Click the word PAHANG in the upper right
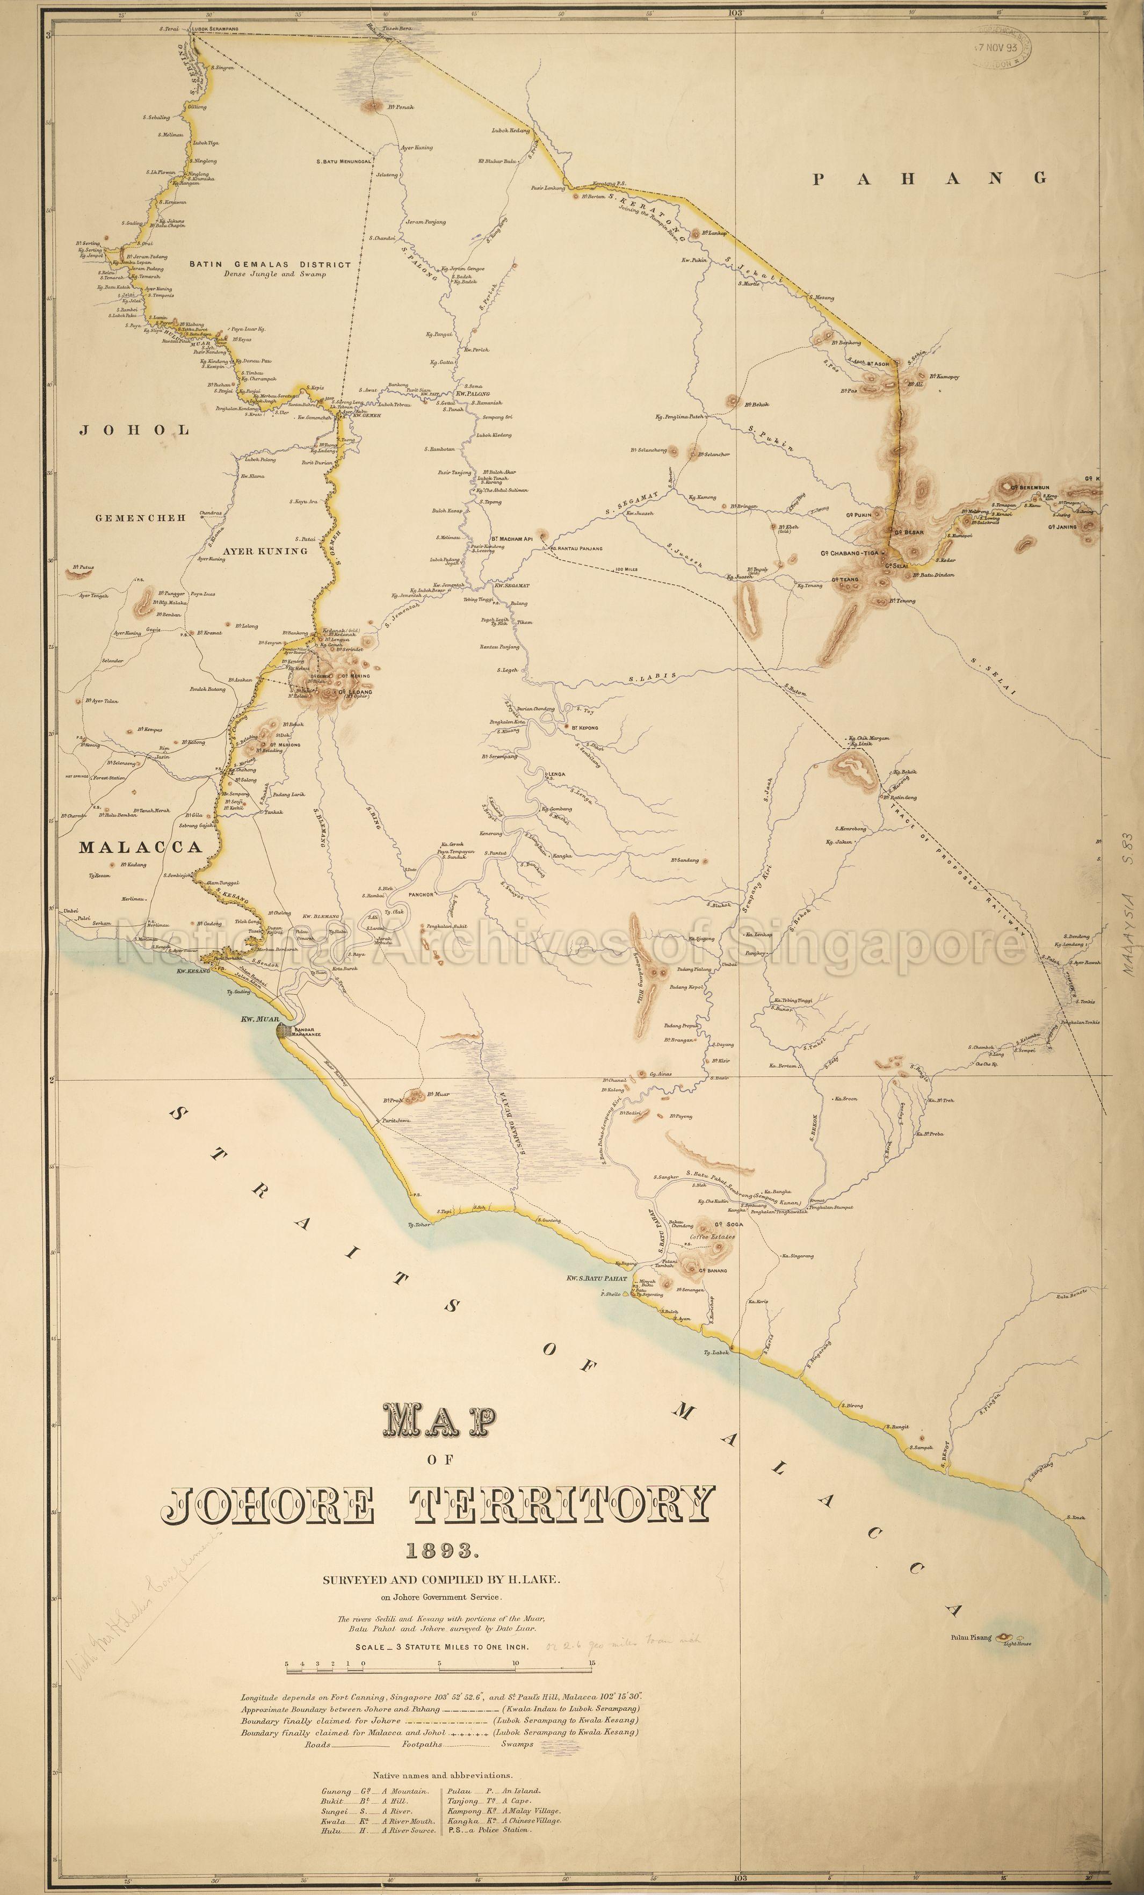930,178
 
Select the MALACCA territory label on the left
141,848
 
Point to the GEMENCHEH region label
141,518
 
